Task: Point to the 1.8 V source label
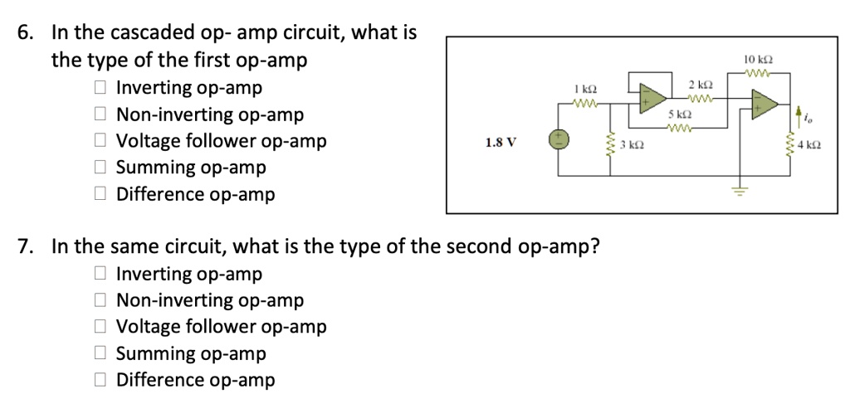pos(501,142)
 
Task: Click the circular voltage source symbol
pos(558,139)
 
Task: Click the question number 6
pos(26,34)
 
